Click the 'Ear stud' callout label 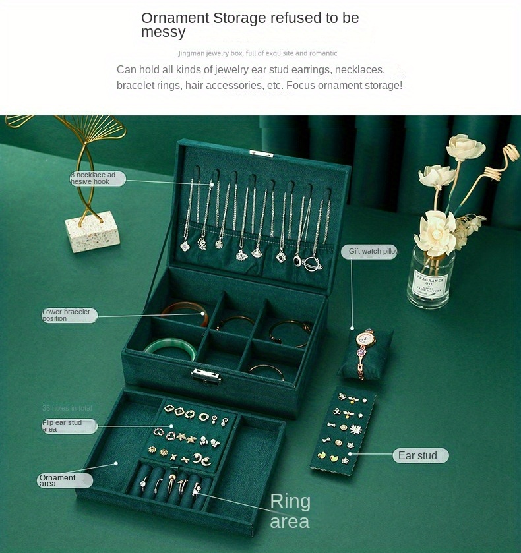421,456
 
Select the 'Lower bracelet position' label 69,316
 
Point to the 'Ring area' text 290,511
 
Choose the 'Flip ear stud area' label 69,426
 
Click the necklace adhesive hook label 98,178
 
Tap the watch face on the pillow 363,339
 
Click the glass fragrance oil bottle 431,277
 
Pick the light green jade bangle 169,349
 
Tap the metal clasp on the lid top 260,153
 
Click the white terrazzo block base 92,230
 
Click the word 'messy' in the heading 163,32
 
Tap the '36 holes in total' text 67,409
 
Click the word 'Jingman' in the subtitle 191,53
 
